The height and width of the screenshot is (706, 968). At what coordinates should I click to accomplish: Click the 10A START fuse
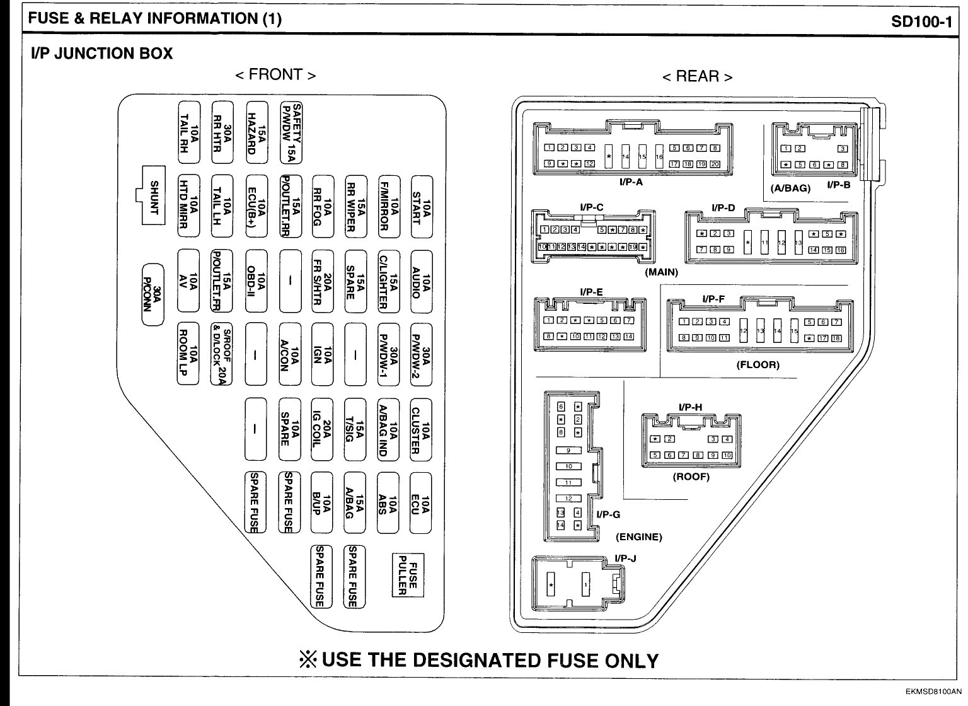[421, 207]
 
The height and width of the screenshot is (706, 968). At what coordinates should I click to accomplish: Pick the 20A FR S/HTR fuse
[323, 281]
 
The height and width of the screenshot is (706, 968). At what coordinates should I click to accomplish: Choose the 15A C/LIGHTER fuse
[388, 281]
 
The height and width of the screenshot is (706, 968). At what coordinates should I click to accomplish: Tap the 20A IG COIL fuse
[323, 429]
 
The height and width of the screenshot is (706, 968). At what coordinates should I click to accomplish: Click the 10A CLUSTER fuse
[421, 429]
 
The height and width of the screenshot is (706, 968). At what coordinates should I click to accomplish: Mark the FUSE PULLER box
[408, 575]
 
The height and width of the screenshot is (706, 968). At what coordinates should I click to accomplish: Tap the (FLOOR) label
[758, 364]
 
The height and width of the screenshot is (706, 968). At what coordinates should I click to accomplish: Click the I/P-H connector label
[690, 407]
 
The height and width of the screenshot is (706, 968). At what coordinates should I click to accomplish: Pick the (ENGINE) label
[638, 537]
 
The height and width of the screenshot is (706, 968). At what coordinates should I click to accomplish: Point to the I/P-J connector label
[625, 558]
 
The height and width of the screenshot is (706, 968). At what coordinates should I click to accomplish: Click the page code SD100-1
[921, 20]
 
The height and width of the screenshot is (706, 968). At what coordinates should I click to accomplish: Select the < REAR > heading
[697, 77]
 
